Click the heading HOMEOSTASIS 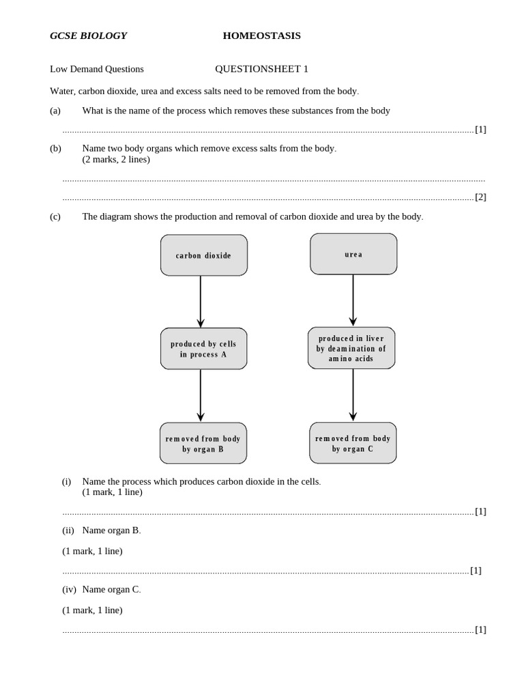(x=261, y=35)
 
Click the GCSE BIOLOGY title (x=88, y=35)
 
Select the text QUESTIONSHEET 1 (x=261, y=69)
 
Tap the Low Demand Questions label (x=97, y=69)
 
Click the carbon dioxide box (x=204, y=255)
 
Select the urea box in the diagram (x=353, y=254)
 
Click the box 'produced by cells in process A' (x=204, y=349)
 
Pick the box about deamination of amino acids (x=351, y=348)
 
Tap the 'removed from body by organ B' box (x=203, y=443)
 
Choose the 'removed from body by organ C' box (x=353, y=443)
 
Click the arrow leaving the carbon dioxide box (x=201, y=301)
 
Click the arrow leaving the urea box (x=353, y=300)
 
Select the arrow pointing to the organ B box (x=201, y=395)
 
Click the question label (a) (x=55, y=111)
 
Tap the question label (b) (x=55, y=148)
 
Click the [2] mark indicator (x=480, y=197)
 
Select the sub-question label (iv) (x=69, y=589)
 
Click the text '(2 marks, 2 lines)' (x=116, y=160)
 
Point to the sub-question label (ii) (x=68, y=530)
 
